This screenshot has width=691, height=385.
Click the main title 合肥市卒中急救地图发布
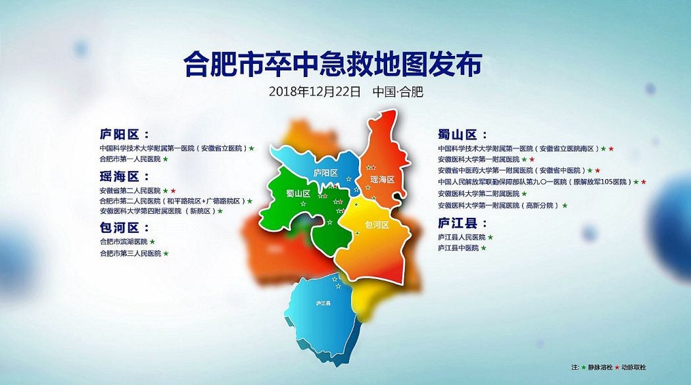(333, 64)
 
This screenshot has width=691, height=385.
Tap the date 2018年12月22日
(315, 91)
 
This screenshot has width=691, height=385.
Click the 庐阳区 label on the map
(325, 173)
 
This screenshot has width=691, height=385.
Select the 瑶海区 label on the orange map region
(382, 180)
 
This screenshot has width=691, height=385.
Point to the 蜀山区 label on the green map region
(298, 193)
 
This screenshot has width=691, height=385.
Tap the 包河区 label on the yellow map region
(377, 225)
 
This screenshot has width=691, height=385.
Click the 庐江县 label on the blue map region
(323, 303)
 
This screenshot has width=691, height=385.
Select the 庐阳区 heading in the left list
(120, 134)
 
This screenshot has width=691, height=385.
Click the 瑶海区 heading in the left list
(120, 176)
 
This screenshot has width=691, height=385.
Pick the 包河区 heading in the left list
(120, 228)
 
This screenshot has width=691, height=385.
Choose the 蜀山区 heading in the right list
(458, 134)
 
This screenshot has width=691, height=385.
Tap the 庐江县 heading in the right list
(458, 223)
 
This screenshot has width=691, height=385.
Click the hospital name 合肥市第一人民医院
(130, 159)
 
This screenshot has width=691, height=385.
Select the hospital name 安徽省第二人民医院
(130, 190)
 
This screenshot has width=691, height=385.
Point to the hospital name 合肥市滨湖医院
(124, 242)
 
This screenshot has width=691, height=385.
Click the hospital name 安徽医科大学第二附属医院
(479, 193)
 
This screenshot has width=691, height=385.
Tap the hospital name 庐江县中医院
(458, 248)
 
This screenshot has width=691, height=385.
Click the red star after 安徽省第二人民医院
(173, 190)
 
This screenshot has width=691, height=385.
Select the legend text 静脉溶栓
(600, 367)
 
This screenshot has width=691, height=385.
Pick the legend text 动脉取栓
(634, 367)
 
